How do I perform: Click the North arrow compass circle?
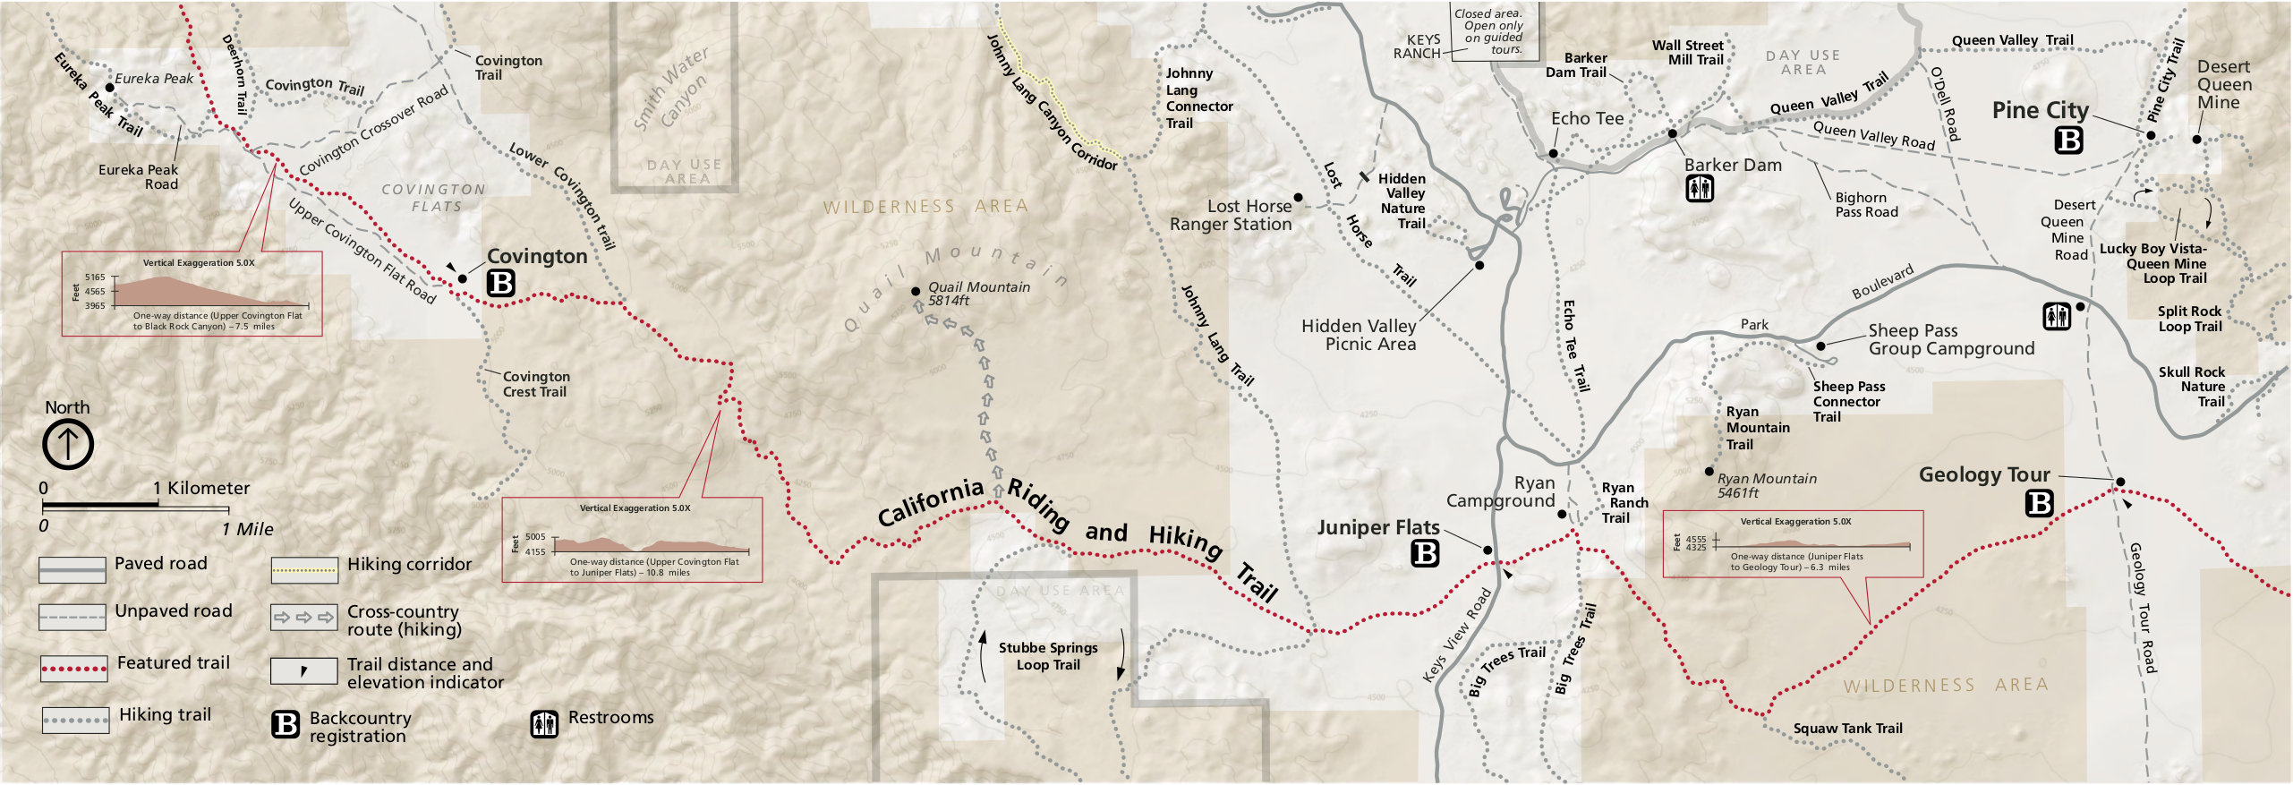(68, 444)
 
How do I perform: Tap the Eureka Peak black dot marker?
(110, 88)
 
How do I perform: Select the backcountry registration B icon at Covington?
(501, 283)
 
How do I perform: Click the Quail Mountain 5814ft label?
(977, 294)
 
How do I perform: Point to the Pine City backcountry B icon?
(2068, 141)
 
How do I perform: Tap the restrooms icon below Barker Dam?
(1700, 189)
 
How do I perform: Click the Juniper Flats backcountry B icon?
(1425, 554)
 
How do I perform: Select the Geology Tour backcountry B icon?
(2039, 504)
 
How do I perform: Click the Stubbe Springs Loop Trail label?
(1048, 656)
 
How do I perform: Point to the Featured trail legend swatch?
(74, 669)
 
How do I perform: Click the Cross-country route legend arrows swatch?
(304, 618)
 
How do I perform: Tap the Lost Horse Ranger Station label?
(1232, 216)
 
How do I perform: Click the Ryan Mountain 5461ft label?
(1766, 485)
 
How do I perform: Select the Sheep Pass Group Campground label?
(1951, 339)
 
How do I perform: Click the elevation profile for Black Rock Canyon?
(192, 294)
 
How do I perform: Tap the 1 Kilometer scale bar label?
(201, 489)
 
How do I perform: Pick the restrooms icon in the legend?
(544, 723)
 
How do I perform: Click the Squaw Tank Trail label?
(1847, 729)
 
